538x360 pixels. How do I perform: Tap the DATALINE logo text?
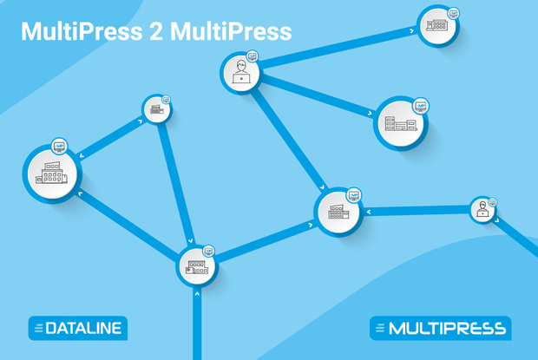84,328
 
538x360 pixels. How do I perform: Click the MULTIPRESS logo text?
448,329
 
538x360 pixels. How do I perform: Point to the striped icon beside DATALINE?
38,328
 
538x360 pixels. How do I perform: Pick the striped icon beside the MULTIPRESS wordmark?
379,329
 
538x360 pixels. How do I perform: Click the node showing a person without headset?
240,73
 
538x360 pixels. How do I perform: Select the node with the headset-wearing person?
482,209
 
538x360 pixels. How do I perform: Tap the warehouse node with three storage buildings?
401,124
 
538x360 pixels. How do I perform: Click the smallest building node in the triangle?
157,109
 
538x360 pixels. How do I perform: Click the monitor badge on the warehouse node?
421,106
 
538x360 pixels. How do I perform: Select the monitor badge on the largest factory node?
59,145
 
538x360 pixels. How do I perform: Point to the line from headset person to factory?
417,210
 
